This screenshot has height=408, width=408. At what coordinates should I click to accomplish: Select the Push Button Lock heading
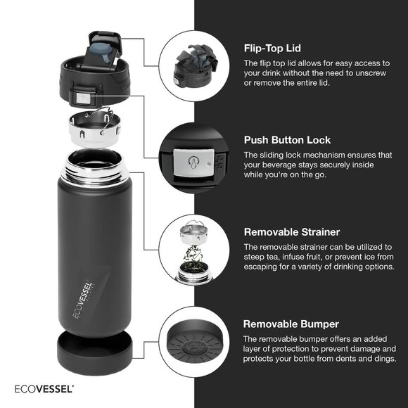point(287,140)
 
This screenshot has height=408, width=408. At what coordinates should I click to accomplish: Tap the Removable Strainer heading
point(291,231)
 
